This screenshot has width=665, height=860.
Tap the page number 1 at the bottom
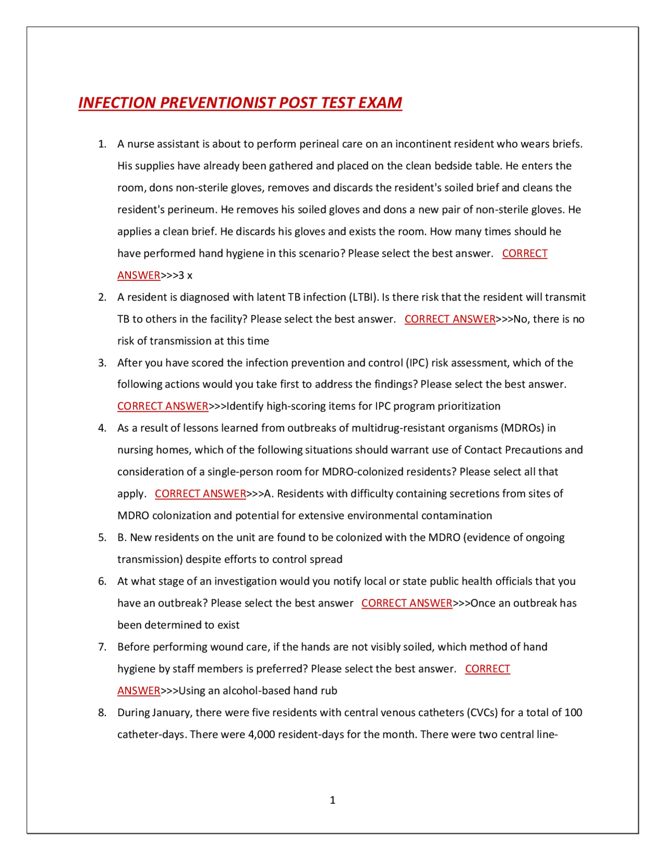pyautogui.click(x=332, y=800)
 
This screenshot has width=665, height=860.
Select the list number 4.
pyautogui.click(x=102, y=428)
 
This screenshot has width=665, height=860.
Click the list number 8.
pyautogui.click(x=102, y=713)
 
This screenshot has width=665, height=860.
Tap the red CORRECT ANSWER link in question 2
pyautogui.click(x=450, y=319)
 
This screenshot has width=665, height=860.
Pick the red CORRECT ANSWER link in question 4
pyautogui.click(x=201, y=493)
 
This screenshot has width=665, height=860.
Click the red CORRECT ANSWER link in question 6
pyautogui.click(x=407, y=603)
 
